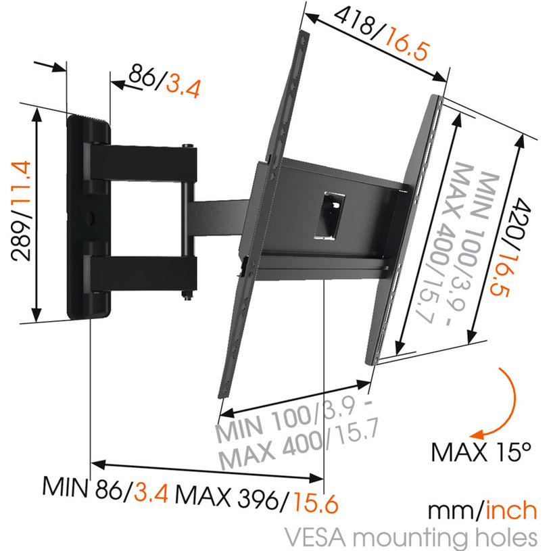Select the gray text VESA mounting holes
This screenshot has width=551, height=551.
click(411, 537)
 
